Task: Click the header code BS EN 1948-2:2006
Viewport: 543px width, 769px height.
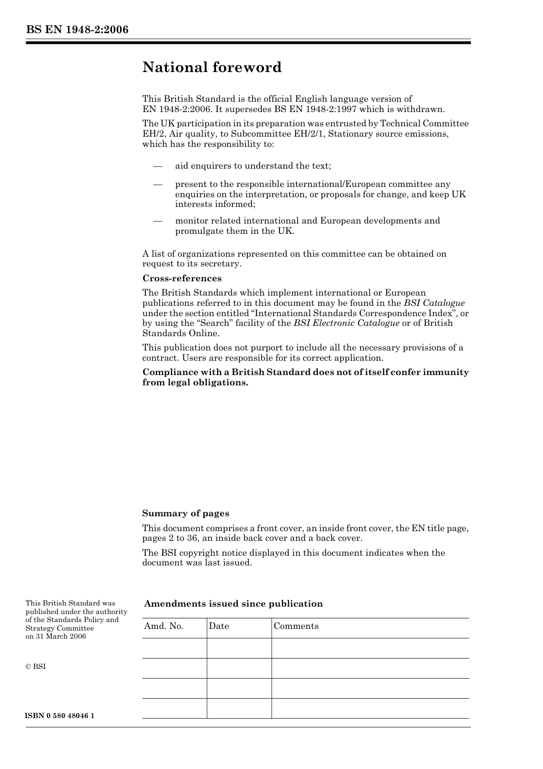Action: tap(77, 30)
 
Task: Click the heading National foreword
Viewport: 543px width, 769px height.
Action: tap(212, 67)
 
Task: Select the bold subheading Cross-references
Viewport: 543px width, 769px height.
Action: tap(182, 278)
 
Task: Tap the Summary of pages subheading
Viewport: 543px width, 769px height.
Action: tap(185, 513)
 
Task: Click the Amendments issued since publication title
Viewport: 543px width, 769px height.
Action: tap(233, 604)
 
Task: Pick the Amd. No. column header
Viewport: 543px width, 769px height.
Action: tap(164, 626)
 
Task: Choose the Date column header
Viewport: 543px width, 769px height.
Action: tap(219, 626)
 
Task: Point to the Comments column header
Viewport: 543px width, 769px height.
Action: tap(296, 626)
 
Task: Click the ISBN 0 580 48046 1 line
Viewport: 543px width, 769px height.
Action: tap(60, 716)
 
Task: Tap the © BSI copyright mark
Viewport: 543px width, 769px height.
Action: tap(35, 667)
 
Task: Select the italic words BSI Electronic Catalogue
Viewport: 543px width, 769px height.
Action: tap(346, 323)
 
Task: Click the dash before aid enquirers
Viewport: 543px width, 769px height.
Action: tap(158, 166)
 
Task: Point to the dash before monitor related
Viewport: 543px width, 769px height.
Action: tap(158, 221)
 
